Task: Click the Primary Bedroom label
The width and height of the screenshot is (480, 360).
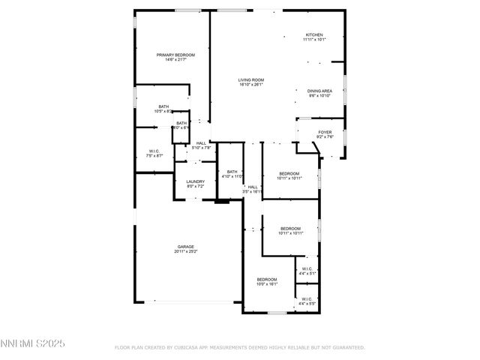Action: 175,55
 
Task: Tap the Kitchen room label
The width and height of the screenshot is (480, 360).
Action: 313,35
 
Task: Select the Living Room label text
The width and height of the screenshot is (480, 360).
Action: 250,79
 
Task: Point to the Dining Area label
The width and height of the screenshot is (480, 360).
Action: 320,91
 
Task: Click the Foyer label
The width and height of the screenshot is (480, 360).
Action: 324,132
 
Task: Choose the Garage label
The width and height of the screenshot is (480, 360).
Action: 186,246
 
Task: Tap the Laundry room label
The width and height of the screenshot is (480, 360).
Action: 196,181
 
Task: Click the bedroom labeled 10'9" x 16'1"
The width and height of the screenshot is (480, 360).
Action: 267,279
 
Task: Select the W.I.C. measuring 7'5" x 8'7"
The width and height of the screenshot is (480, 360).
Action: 153,151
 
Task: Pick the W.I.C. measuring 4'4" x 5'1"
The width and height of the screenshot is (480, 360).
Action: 307,269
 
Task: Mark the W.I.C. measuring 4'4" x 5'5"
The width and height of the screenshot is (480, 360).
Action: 307,299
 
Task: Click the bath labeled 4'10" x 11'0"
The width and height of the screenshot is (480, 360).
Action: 232,172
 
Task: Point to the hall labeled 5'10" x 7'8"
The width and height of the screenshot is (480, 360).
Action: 201,143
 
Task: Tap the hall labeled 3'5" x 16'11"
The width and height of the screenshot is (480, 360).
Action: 253,187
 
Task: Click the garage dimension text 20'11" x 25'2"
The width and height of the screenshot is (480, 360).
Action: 186,251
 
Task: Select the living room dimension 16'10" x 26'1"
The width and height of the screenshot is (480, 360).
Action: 250,85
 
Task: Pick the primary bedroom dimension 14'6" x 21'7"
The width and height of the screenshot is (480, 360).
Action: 175,60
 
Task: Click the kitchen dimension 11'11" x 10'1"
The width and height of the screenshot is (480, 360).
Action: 313,40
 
